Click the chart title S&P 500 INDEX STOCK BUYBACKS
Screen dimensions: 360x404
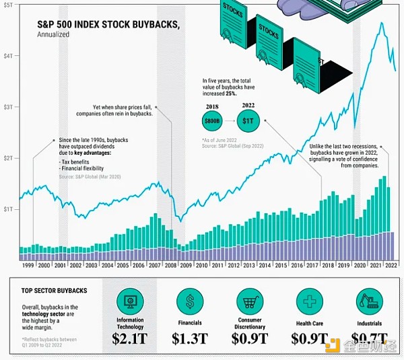(108, 25)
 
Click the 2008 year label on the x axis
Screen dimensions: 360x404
(170, 266)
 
